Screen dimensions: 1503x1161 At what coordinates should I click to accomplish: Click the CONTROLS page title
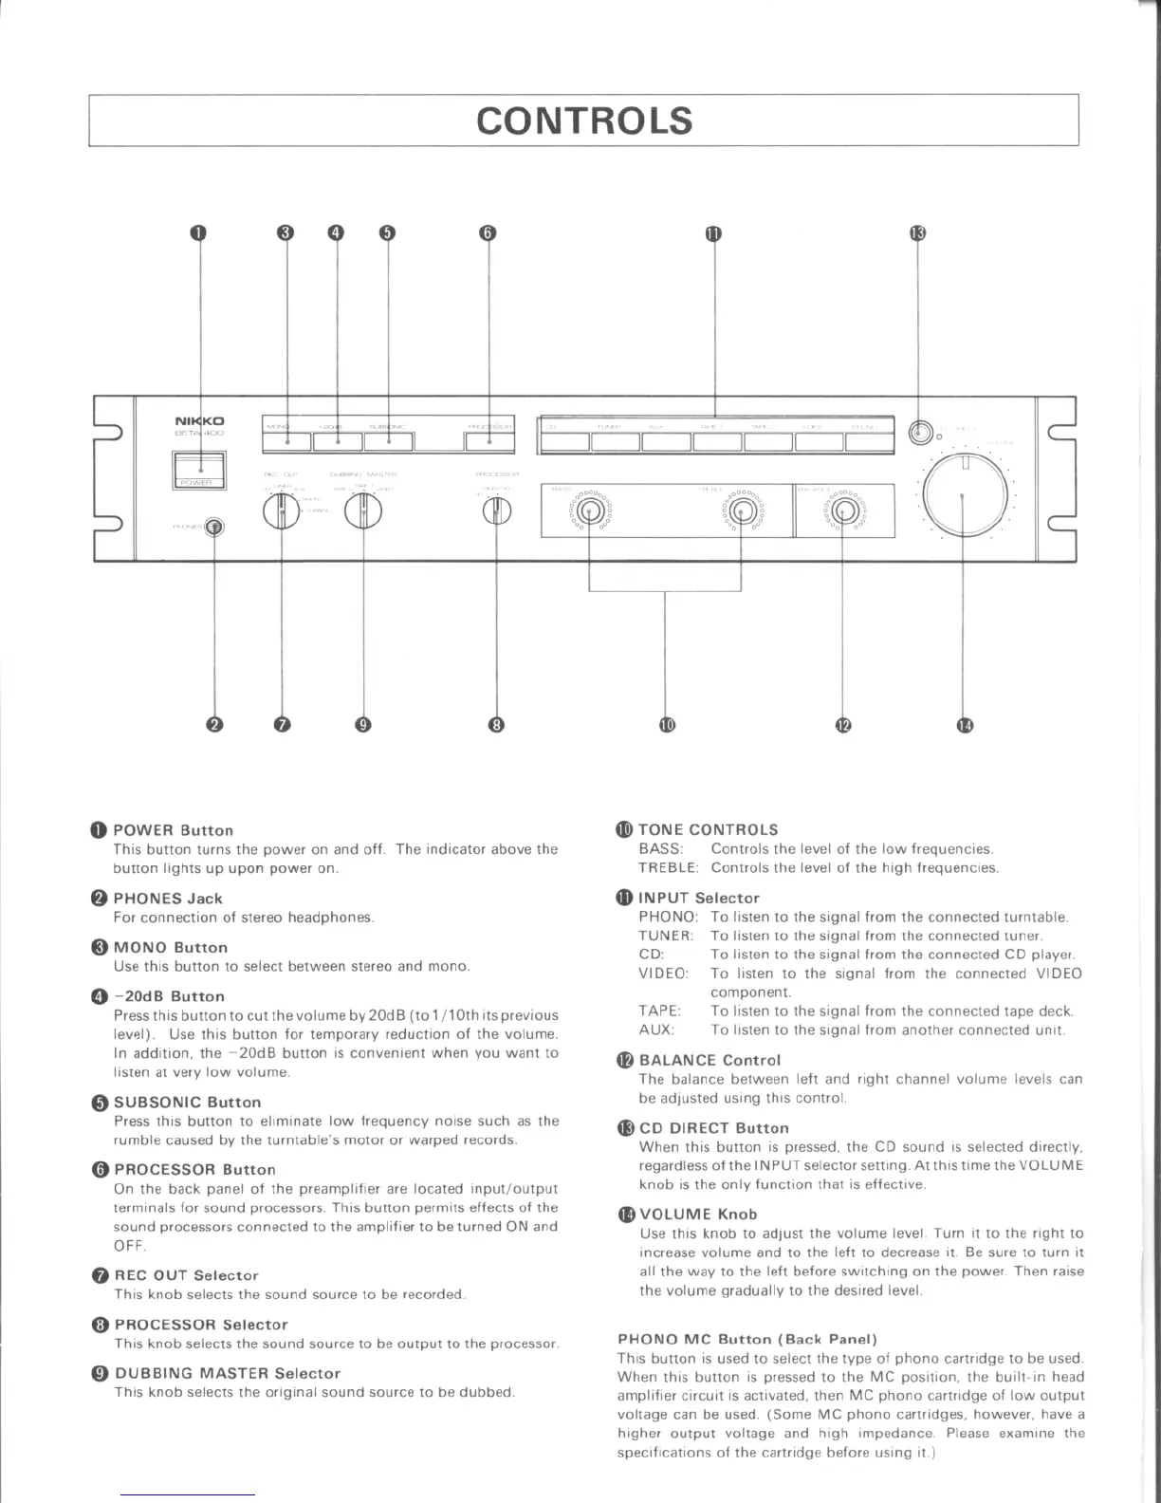point(584,121)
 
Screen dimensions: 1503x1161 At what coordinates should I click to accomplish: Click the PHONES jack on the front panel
point(214,527)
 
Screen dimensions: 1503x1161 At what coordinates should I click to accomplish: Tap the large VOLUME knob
point(965,494)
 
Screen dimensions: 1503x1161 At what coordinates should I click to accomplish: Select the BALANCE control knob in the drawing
point(843,512)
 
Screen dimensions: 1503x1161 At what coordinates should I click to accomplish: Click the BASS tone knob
point(590,513)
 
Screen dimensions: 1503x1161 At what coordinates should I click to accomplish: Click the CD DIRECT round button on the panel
point(917,433)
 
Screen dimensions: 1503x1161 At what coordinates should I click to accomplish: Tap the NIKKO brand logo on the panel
point(199,420)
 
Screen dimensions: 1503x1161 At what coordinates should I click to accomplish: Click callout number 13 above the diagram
point(917,233)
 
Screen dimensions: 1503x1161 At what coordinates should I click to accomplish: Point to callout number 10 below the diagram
point(666,725)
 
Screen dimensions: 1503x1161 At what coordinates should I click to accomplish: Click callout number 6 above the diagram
point(488,233)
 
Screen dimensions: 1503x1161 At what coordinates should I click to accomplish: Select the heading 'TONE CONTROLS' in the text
point(708,829)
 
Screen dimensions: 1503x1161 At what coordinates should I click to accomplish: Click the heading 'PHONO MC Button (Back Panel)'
point(747,1339)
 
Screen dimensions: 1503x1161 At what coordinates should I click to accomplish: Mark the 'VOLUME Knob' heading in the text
point(698,1214)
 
